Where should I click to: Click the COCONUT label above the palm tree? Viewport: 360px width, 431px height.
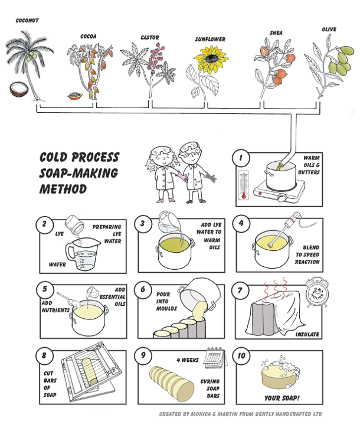pyautogui.click(x=27, y=20)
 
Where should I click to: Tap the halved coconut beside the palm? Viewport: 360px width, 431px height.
pyautogui.click(x=19, y=89)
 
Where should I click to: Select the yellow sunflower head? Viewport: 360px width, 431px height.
pyautogui.click(x=211, y=58)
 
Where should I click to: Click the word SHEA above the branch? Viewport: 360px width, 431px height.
pyautogui.click(x=276, y=33)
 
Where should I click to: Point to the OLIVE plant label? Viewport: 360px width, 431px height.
pyautogui.click(x=329, y=30)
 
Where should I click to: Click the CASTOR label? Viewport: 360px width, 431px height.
pyautogui.click(x=150, y=38)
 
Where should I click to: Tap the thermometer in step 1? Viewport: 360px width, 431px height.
pyautogui.click(x=244, y=185)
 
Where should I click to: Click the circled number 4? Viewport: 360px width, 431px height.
pyautogui.click(x=241, y=223)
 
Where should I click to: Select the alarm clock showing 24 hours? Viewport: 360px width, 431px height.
pyautogui.click(x=317, y=293)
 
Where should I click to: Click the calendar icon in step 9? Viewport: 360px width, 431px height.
pyautogui.click(x=215, y=357)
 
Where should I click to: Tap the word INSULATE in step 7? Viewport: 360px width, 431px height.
pyautogui.click(x=307, y=335)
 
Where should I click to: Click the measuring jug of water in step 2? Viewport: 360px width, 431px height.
pyautogui.click(x=82, y=253)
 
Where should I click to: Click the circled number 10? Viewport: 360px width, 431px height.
pyautogui.click(x=241, y=355)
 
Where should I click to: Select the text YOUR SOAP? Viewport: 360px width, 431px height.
pyautogui.click(x=282, y=398)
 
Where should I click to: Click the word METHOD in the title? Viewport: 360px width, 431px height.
pyautogui.click(x=63, y=189)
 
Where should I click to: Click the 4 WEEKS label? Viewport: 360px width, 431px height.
pyautogui.click(x=188, y=360)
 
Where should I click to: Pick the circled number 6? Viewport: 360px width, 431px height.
pyautogui.click(x=143, y=289)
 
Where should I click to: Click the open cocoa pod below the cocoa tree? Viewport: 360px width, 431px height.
pyautogui.click(x=75, y=96)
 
